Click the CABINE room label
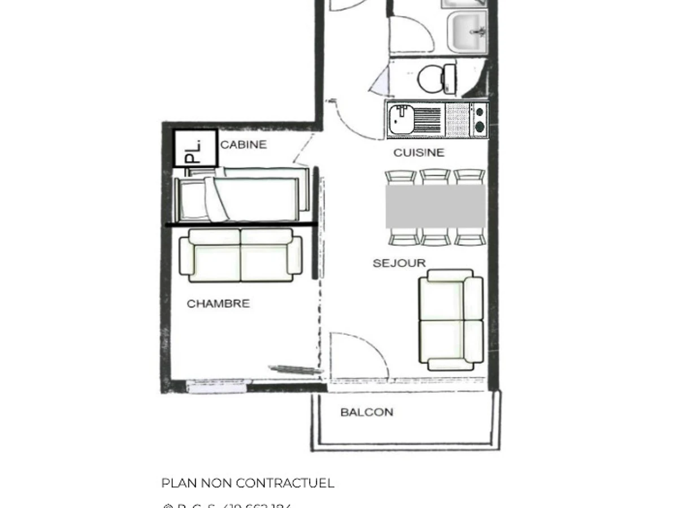tap(243, 144)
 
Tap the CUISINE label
tap(419, 152)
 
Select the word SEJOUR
tap(399, 263)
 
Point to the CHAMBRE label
tap(218, 304)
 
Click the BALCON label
tap(367, 412)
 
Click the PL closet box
tap(195, 148)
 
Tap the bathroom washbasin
tap(467, 32)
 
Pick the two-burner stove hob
tap(479, 119)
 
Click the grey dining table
tap(436, 207)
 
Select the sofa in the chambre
tap(241, 255)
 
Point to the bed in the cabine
tap(243, 196)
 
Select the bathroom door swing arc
tap(411, 35)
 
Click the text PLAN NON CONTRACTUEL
tap(247, 483)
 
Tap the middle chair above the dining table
tap(435, 177)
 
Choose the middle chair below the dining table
tap(435, 237)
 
